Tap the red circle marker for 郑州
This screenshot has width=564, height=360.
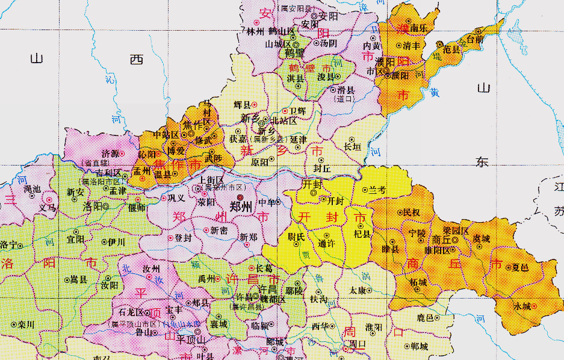[x=240, y=196]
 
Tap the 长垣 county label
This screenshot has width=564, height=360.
[x=353, y=146]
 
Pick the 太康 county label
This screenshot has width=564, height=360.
[x=357, y=290]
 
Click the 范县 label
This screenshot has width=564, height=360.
[x=452, y=51]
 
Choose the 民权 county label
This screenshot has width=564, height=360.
[x=412, y=213]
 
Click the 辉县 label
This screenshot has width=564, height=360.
[x=241, y=105]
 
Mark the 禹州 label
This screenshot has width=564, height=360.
[x=207, y=279]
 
